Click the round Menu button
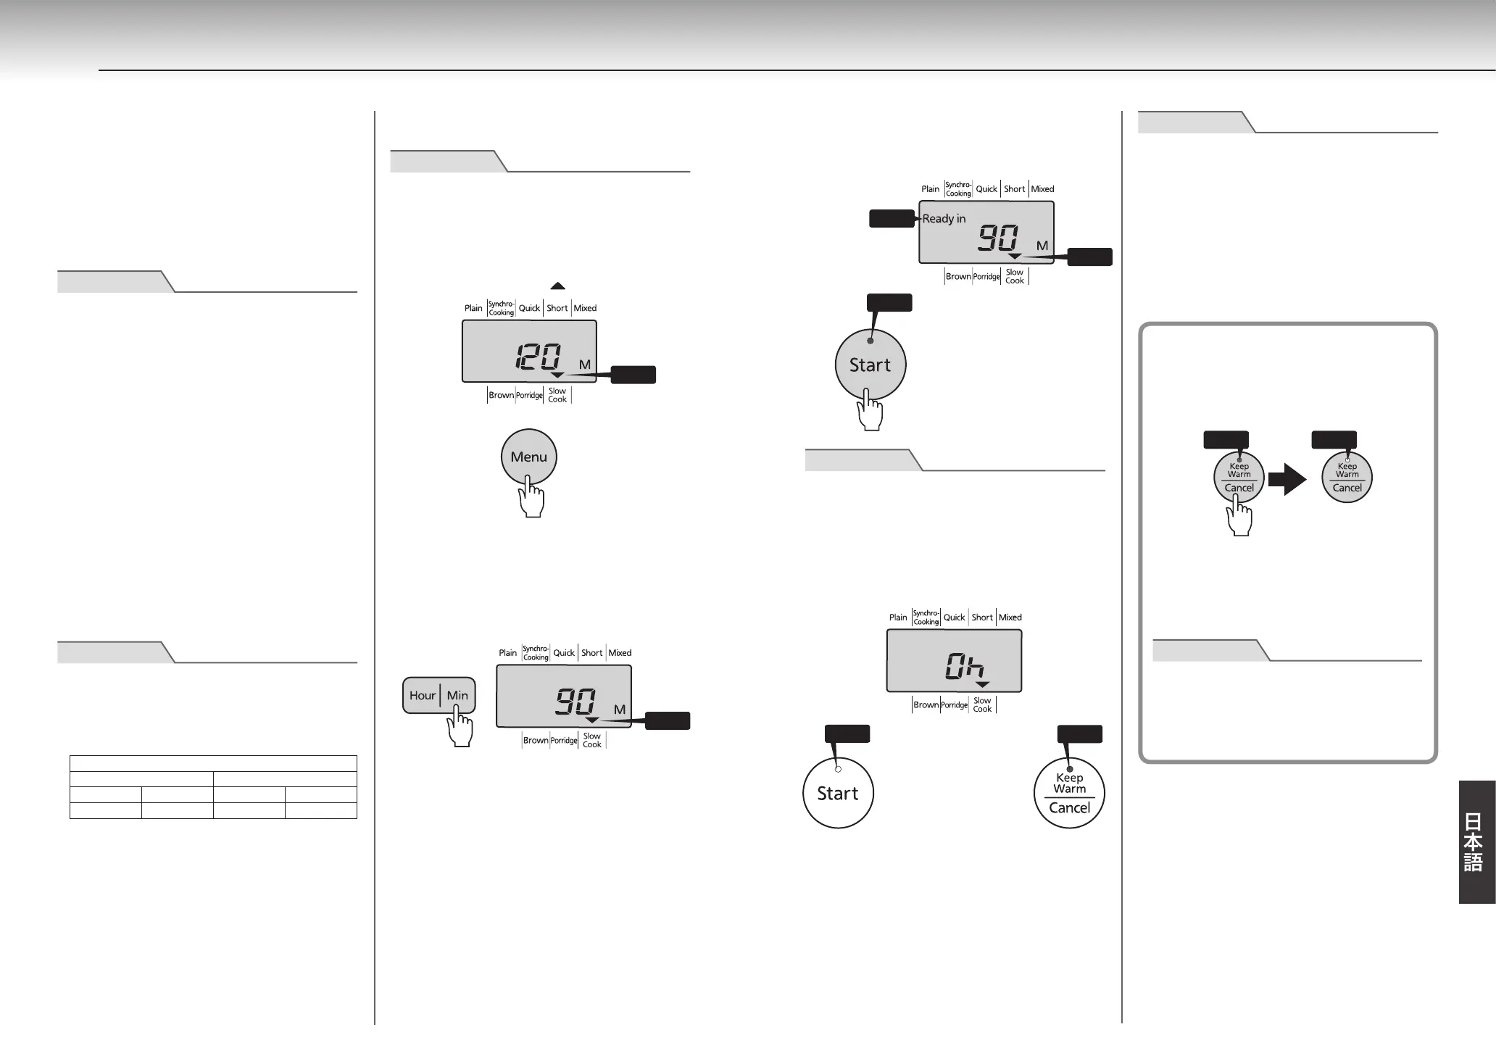[x=528, y=457]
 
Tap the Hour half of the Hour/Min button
[x=422, y=696]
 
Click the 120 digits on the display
[x=538, y=357]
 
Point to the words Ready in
[x=944, y=219]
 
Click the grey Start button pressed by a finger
[x=870, y=365]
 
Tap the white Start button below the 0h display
[x=838, y=793]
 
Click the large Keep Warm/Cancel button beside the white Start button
[x=1069, y=793]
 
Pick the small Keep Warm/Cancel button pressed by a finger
[x=1239, y=478]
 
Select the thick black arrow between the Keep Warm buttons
[x=1287, y=478]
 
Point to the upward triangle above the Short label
[x=557, y=286]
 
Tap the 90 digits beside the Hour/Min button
[x=575, y=702]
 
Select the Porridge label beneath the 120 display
[x=529, y=396]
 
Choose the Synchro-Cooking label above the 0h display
[x=926, y=618]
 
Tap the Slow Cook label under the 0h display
[x=982, y=704]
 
